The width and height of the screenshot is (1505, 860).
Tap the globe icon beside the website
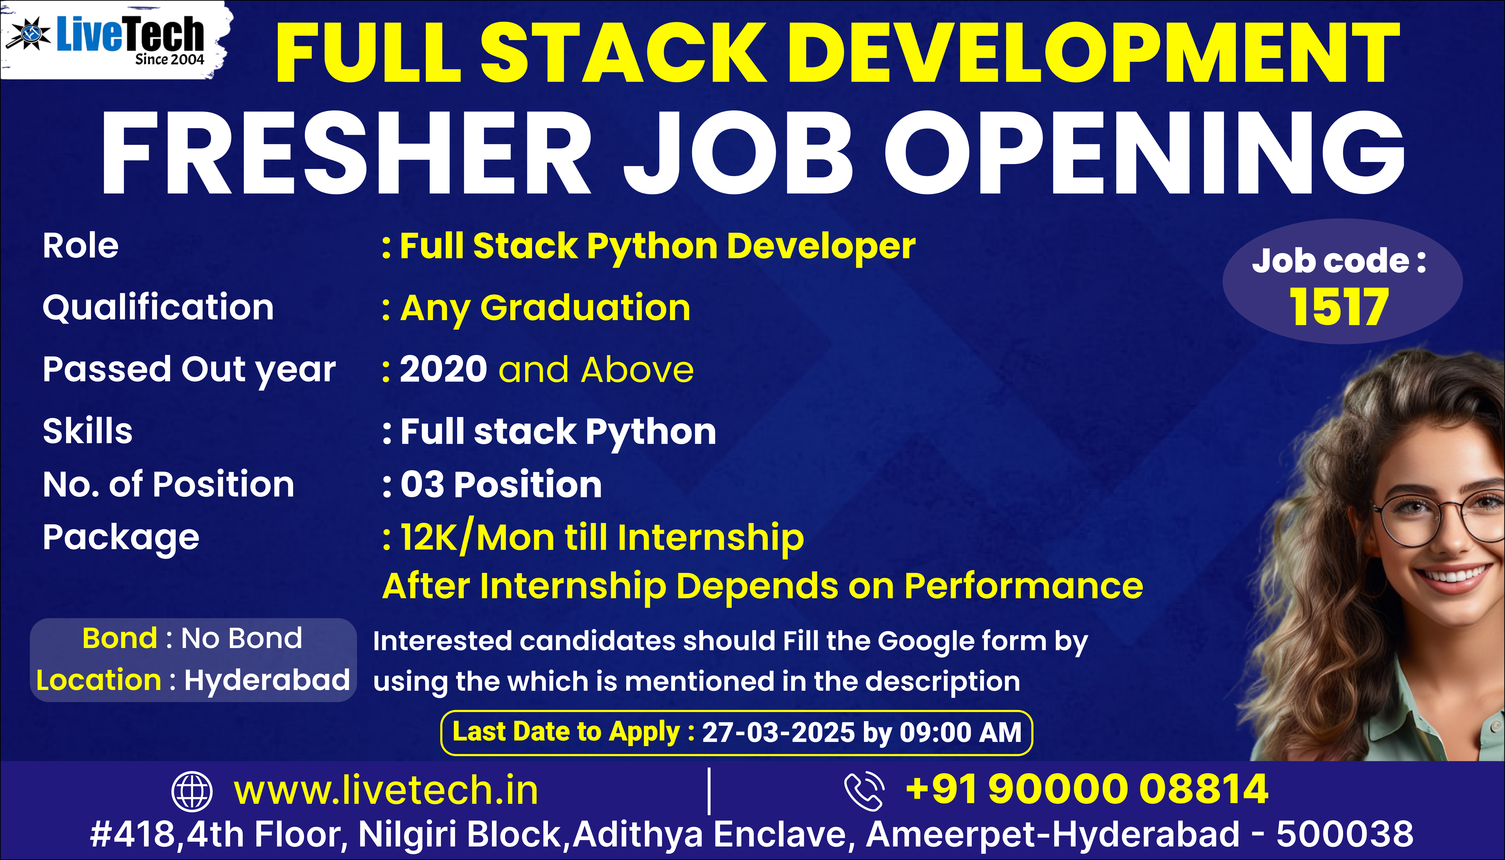[x=191, y=791]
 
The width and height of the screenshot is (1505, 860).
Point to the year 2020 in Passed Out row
[x=443, y=370]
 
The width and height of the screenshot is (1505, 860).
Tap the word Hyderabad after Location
[x=267, y=680]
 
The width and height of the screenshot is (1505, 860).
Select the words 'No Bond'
[x=241, y=638]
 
